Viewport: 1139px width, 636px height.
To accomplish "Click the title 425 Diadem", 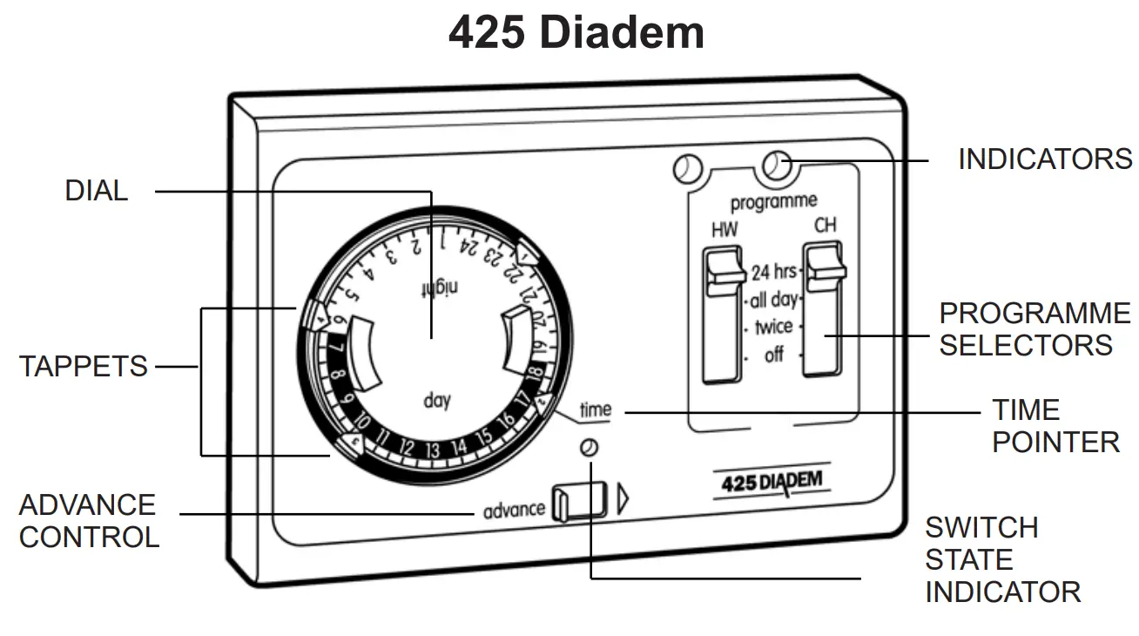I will (576, 33).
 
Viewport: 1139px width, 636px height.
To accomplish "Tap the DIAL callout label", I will (97, 191).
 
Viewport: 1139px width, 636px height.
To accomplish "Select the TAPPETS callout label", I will (84, 367).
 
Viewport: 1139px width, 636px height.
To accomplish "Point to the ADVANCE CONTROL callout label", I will (88, 521).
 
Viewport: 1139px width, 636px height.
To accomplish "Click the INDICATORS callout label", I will (1044, 159).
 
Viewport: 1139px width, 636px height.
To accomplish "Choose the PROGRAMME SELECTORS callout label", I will (1035, 329).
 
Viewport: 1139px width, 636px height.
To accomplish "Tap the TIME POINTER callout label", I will (1055, 426).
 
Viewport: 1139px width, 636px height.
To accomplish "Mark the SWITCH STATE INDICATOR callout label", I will (1002, 560).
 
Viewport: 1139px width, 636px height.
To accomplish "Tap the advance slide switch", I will (578, 502).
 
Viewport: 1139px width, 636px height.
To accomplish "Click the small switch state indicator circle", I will (590, 448).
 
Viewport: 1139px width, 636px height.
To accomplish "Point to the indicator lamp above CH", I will (776, 164).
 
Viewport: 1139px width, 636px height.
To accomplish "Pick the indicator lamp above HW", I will (688, 168).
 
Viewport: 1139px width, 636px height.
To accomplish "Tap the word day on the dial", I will (437, 402).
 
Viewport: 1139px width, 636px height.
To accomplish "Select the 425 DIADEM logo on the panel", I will (772, 482).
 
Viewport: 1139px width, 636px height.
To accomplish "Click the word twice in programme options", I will (773, 328).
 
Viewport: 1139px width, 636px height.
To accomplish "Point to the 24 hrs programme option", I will (773, 272).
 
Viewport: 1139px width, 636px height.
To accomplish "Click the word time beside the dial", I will (596, 409).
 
